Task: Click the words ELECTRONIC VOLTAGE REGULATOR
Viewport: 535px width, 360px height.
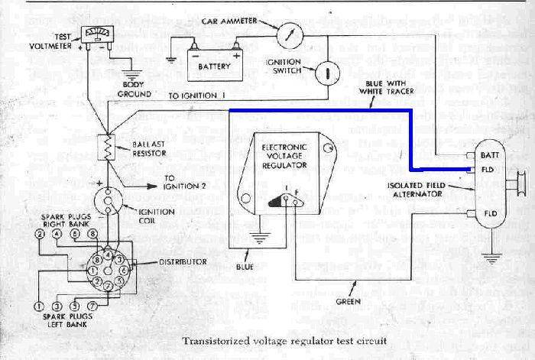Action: pyautogui.click(x=284, y=153)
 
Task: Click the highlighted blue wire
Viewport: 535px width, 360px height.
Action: pyautogui.click(x=321, y=111)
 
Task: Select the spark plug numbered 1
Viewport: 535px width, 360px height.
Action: pyautogui.click(x=37, y=305)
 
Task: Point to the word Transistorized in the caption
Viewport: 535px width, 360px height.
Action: pyautogui.click(x=215, y=340)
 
